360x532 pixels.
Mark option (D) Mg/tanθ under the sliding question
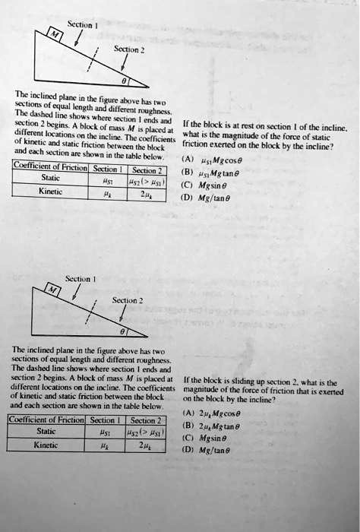click(217, 450)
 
